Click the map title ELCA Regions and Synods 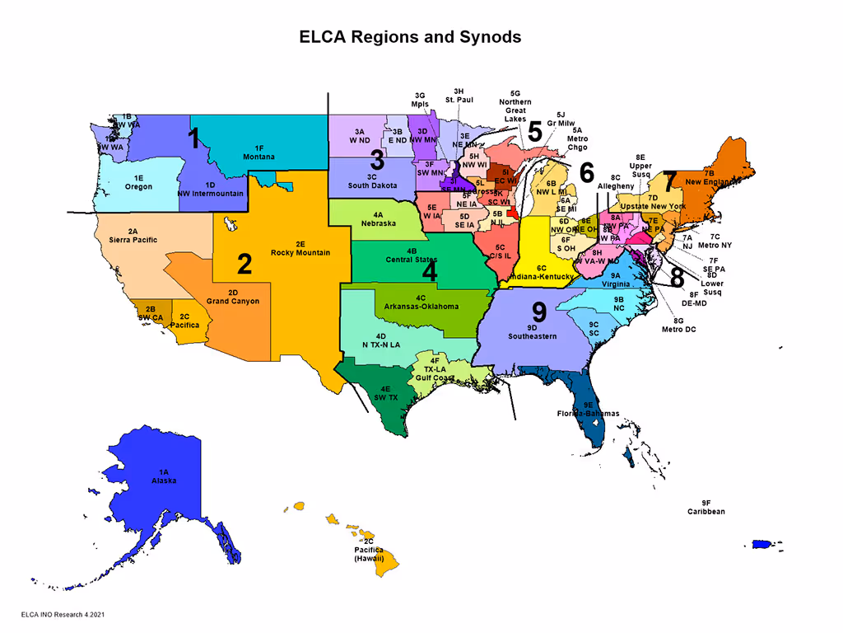[409, 37]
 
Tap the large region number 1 [194, 138]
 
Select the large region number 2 [245, 264]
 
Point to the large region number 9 [539, 312]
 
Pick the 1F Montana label [258, 152]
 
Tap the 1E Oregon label [139, 182]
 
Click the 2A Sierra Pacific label [133, 236]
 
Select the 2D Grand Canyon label [233, 297]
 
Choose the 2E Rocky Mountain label [300, 248]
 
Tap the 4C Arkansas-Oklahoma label [420, 302]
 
